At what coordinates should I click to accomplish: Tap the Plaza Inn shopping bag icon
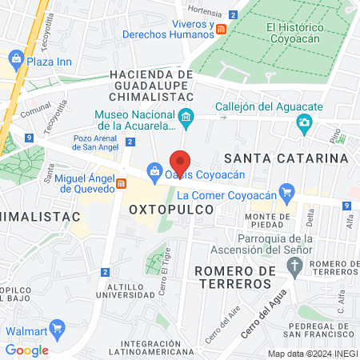pyautogui.click(x=16, y=58)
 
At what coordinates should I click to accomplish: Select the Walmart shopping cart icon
pyautogui.click(x=57, y=328)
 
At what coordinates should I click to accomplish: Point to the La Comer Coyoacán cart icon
pyautogui.click(x=288, y=191)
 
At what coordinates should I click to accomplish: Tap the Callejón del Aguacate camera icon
pyautogui.click(x=304, y=122)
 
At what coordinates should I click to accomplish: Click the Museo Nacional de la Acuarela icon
pyautogui.click(x=186, y=120)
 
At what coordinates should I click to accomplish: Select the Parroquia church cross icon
pyautogui.click(x=294, y=264)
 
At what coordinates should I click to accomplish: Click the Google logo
pyautogui.click(x=27, y=350)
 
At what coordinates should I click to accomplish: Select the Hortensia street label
pyautogui.click(x=203, y=10)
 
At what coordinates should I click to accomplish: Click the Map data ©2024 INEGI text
pyautogui.click(x=312, y=353)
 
